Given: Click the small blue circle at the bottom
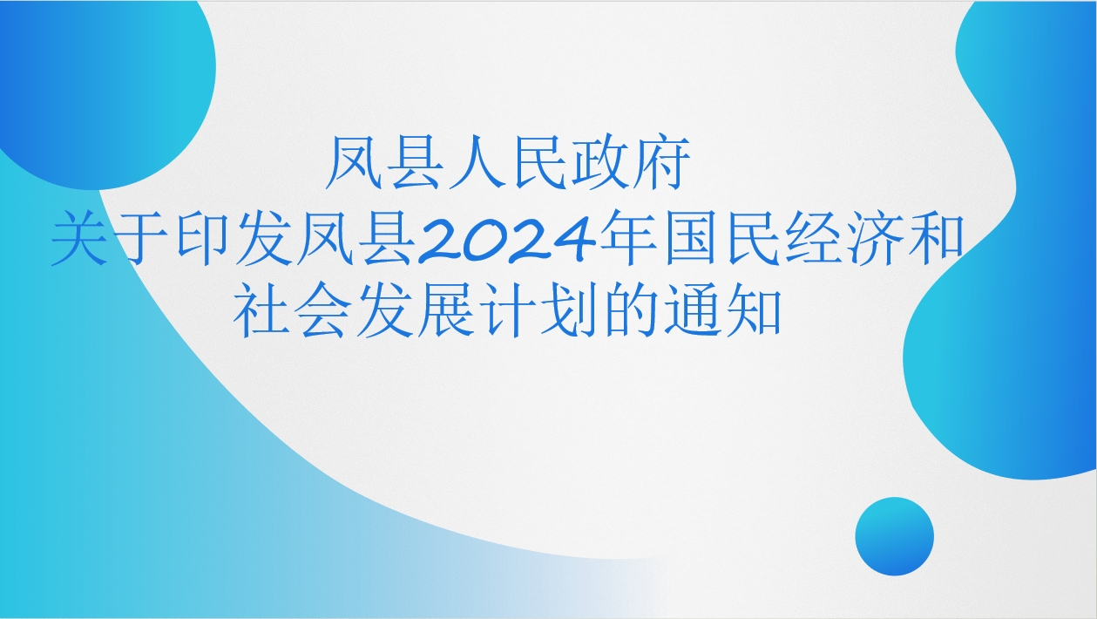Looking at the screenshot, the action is coord(894,536).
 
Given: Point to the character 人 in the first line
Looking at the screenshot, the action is coord(476,163).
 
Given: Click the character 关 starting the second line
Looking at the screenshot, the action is coord(80,239).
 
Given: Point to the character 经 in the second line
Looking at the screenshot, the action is coord(813,239).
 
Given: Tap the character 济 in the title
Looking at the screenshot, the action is coord(875,239).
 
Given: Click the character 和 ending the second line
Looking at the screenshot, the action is coord(936,239).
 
